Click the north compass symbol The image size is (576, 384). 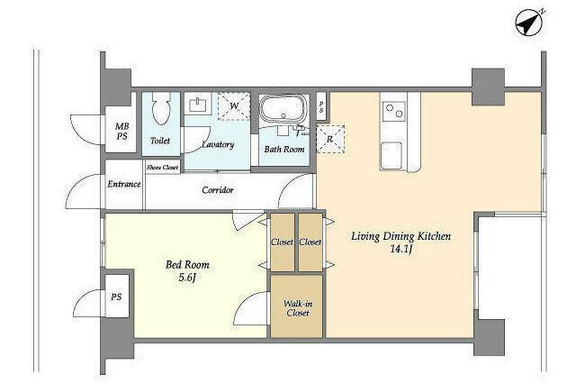(x=529, y=23)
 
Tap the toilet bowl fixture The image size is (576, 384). (x=160, y=108)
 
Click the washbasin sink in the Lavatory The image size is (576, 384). (x=198, y=105)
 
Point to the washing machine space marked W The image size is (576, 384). (x=234, y=106)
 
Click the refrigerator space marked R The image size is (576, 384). (x=330, y=139)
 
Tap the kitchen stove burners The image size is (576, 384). (x=394, y=111)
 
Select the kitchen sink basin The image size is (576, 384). (x=391, y=156)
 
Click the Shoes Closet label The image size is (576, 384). (x=162, y=168)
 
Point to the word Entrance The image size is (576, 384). (x=124, y=184)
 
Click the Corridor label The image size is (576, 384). (x=218, y=190)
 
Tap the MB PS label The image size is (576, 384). (x=122, y=132)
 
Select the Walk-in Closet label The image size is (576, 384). (x=298, y=308)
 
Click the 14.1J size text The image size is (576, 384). (x=400, y=249)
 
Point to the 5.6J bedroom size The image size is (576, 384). (x=187, y=278)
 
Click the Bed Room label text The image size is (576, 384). (x=187, y=264)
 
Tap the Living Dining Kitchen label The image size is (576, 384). (x=400, y=236)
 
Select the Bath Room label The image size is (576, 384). (x=284, y=150)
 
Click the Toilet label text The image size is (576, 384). (x=160, y=141)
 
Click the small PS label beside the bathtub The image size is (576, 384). (x=321, y=107)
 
